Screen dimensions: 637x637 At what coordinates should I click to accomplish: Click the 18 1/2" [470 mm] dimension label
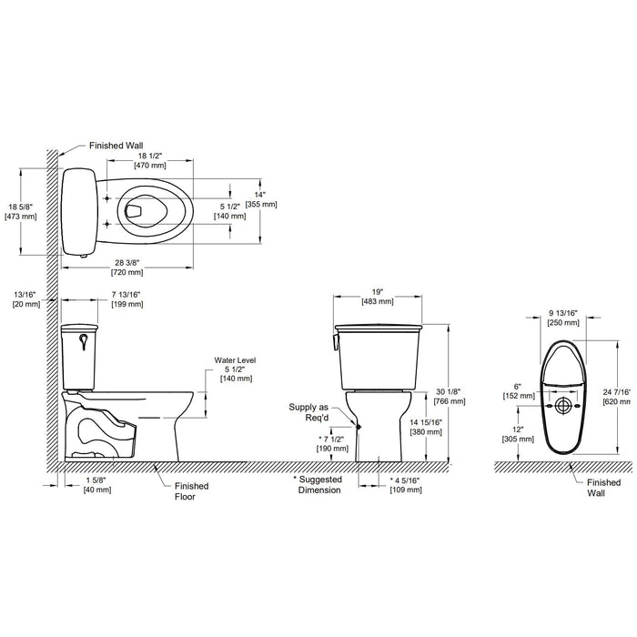(150, 160)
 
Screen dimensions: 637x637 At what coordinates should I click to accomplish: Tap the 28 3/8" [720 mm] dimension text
(127, 268)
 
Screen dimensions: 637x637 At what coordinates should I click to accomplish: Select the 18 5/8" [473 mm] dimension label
(21, 211)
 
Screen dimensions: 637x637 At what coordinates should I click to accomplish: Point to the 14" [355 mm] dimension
(261, 199)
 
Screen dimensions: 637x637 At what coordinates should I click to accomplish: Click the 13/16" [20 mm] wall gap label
(26, 299)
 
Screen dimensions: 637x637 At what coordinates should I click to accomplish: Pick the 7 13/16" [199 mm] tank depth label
(127, 299)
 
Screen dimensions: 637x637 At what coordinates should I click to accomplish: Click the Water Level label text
(235, 360)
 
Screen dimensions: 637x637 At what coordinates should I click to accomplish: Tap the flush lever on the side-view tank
(84, 341)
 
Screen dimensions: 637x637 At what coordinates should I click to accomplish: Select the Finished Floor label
(191, 491)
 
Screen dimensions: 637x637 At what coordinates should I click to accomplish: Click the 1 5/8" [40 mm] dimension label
(97, 485)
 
